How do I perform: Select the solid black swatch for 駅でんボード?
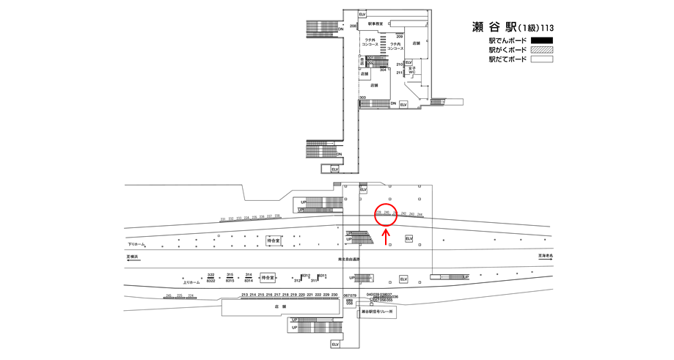coord(541,40)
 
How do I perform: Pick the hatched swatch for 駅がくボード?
coord(541,50)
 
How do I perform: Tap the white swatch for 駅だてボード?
coord(541,59)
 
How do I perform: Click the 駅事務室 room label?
coord(376,24)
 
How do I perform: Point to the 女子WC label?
coord(412,70)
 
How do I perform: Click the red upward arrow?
coord(387,236)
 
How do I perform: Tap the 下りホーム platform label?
coord(137,244)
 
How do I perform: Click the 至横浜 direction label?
coord(133,257)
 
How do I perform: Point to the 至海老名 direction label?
coord(546,256)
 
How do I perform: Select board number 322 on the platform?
coord(210,274)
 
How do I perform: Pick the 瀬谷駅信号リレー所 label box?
coord(378,312)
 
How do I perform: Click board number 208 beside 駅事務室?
coord(353,26)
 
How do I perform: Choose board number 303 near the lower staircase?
coord(362,98)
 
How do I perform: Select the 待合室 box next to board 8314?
coord(268,278)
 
